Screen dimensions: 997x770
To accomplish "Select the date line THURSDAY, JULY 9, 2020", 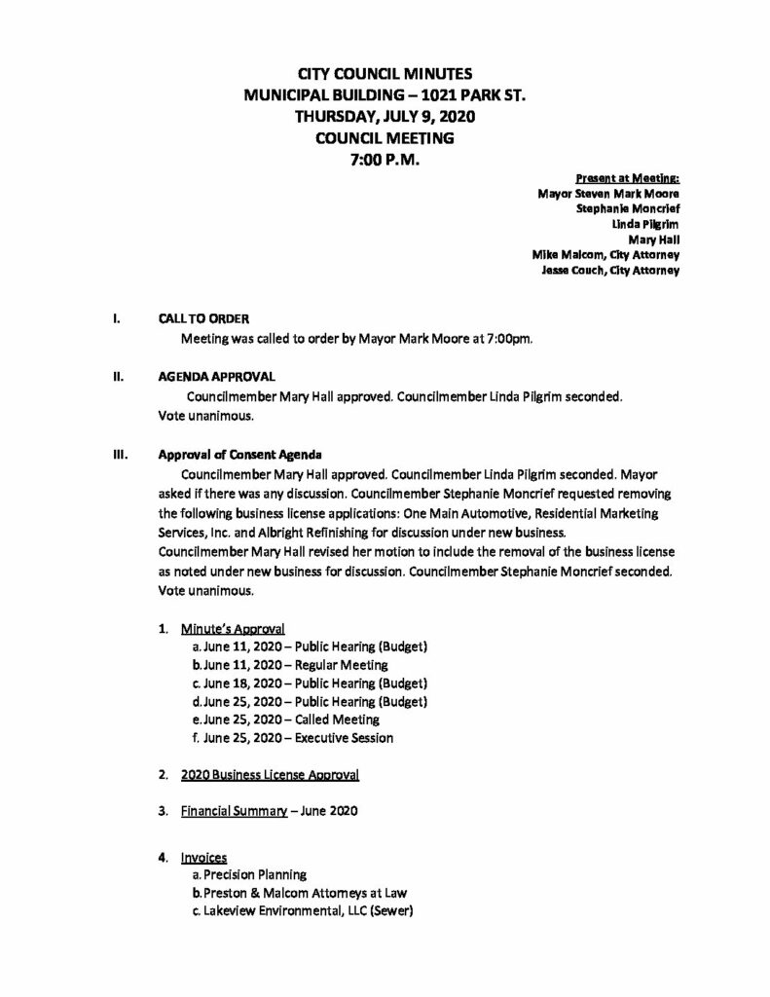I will point(385,116).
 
